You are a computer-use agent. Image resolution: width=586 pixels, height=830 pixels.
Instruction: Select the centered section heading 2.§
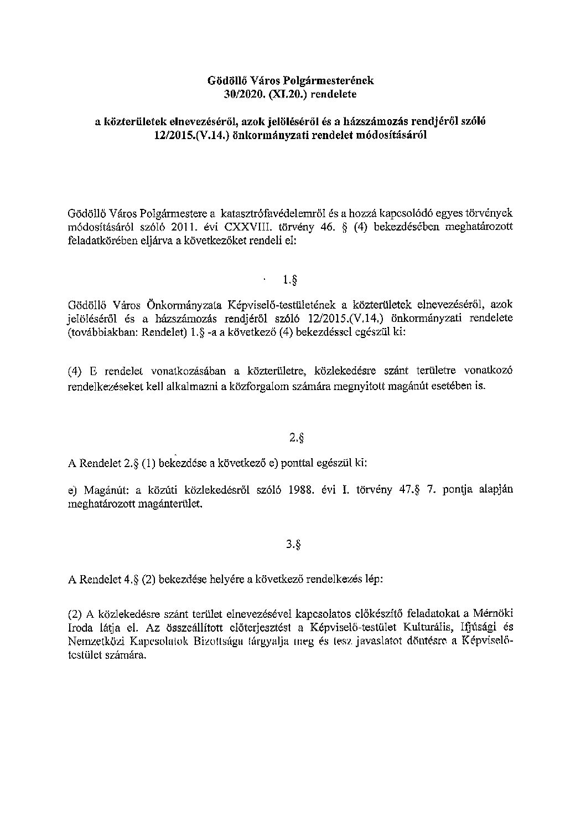pos(297,438)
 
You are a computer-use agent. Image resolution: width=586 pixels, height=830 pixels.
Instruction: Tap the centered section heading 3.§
pos(293,544)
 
